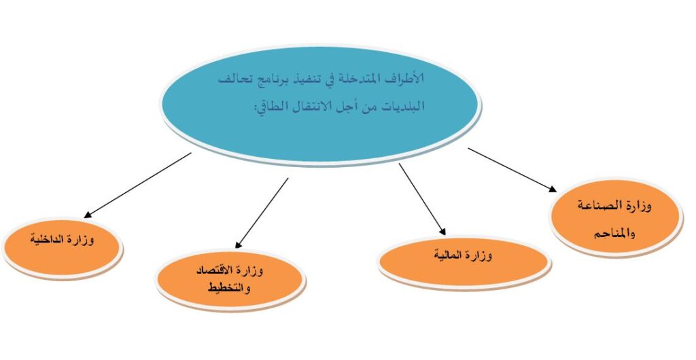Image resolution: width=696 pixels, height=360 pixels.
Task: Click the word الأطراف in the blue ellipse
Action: click(x=403, y=79)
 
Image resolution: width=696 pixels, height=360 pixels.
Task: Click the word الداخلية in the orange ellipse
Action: click(x=48, y=240)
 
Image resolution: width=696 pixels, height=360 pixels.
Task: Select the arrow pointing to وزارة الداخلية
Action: click(x=137, y=185)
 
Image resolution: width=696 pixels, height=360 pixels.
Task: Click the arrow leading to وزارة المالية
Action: click(x=421, y=198)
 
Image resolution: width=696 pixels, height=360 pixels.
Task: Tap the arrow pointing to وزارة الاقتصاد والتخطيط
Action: click(x=262, y=213)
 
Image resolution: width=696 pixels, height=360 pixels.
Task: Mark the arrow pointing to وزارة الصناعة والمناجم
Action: click(x=512, y=170)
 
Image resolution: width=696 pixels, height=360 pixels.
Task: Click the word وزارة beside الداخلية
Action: click(x=82, y=240)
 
